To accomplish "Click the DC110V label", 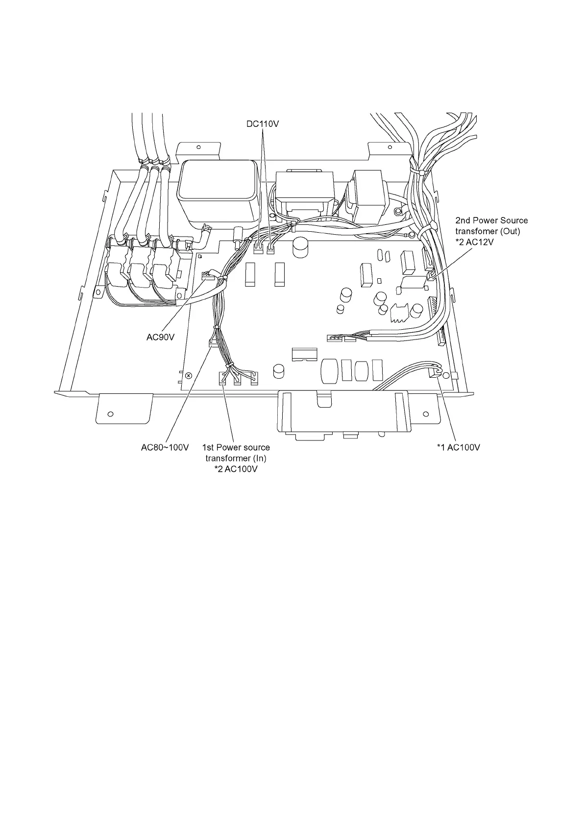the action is click(262, 124).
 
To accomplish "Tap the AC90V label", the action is click(161, 338).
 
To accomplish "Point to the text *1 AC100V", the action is click(459, 447).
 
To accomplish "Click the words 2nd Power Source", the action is click(491, 220).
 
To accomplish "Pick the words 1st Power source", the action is click(236, 447).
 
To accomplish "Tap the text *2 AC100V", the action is click(236, 469).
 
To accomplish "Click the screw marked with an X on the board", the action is click(189, 375).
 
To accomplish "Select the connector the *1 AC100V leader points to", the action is click(433, 373).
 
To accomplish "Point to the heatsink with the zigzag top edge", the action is click(400, 312).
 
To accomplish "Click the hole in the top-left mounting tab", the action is click(198, 146).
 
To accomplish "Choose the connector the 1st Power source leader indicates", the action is click(223, 378).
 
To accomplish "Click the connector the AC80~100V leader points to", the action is click(213, 343).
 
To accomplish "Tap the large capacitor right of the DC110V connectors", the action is click(299, 248).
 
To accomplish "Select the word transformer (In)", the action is click(236, 458).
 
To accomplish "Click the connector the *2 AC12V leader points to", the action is click(430, 277).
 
